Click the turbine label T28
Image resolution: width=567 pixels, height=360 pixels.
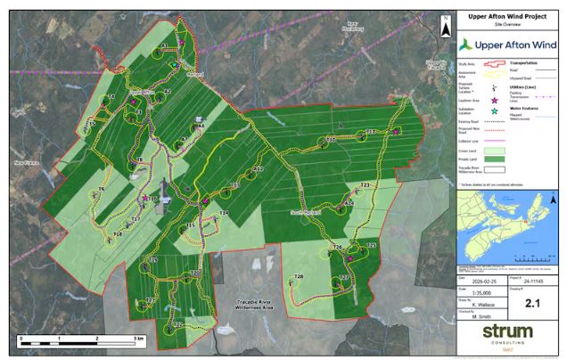tap(299, 278)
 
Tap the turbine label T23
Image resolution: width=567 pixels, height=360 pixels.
tap(365, 185)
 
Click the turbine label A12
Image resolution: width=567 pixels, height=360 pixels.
tap(259, 169)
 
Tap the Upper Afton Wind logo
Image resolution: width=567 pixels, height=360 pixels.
tap(509, 44)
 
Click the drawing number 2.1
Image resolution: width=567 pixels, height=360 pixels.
tap(534, 304)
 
